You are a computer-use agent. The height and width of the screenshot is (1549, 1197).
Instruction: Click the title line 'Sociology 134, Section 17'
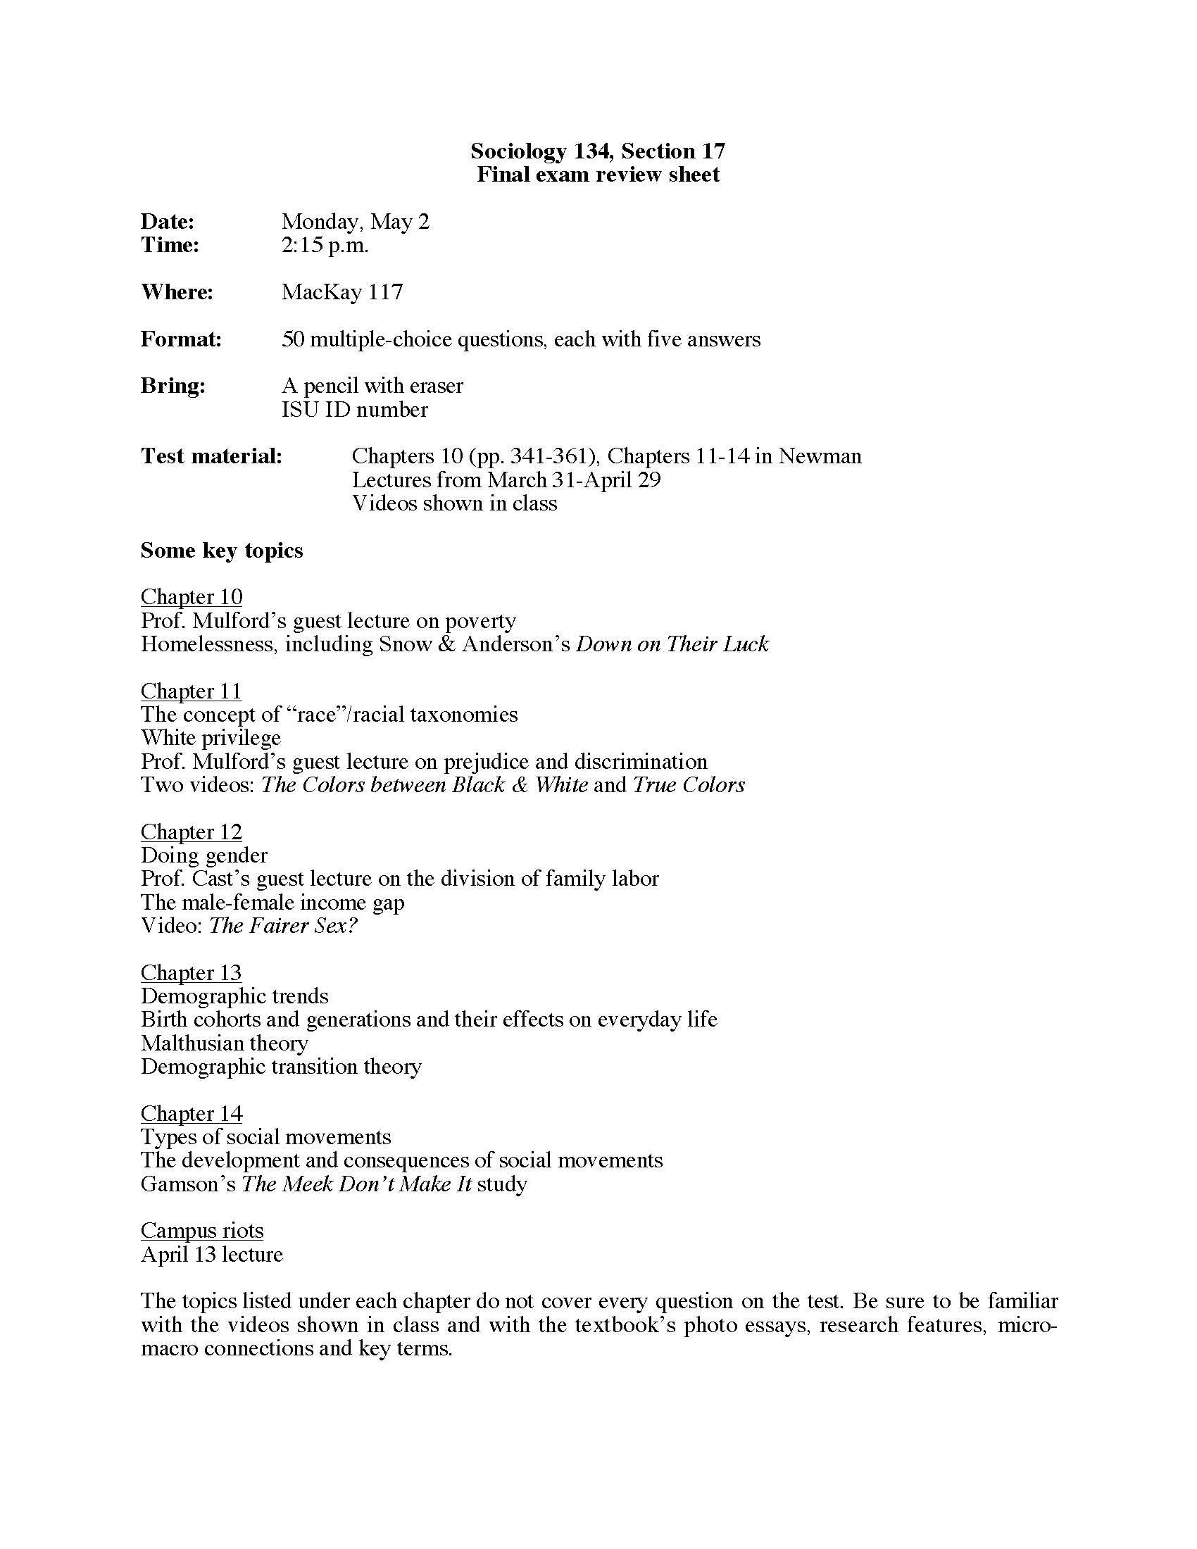[x=598, y=151]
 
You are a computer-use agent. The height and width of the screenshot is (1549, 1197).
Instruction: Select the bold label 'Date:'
[x=168, y=221]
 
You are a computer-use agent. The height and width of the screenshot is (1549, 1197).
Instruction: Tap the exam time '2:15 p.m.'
[x=325, y=246]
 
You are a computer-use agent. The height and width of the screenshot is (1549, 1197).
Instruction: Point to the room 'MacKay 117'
[x=341, y=292]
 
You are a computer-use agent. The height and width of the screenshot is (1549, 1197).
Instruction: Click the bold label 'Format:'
[x=181, y=339]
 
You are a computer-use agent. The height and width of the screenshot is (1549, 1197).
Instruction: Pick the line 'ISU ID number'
[x=355, y=410]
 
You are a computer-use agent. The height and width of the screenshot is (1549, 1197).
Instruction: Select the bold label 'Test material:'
[x=211, y=456]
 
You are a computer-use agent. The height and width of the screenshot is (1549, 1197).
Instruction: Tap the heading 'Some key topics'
[x=221, y=551]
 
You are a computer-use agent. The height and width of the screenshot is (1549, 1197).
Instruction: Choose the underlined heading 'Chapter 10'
[x=192, y=597]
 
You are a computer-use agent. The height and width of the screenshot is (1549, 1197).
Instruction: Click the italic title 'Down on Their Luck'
[x=672, y=644]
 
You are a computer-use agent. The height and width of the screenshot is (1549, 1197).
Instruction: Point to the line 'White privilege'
[x=211, y=738]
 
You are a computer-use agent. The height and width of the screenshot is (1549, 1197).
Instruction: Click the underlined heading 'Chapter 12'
[x=192, y=832]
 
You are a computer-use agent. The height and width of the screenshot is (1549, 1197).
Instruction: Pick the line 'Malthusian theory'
[x=224, y=1043]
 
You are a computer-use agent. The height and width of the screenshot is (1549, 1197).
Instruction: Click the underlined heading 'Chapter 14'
[x=192, y=1114]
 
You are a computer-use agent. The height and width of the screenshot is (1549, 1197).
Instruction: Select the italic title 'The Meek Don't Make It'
[x=357, y=1184]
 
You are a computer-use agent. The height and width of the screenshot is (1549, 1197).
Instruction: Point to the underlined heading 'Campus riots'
[x=202, y=1231]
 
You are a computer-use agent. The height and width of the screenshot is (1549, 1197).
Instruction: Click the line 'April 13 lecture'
[x=211, y=1254]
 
